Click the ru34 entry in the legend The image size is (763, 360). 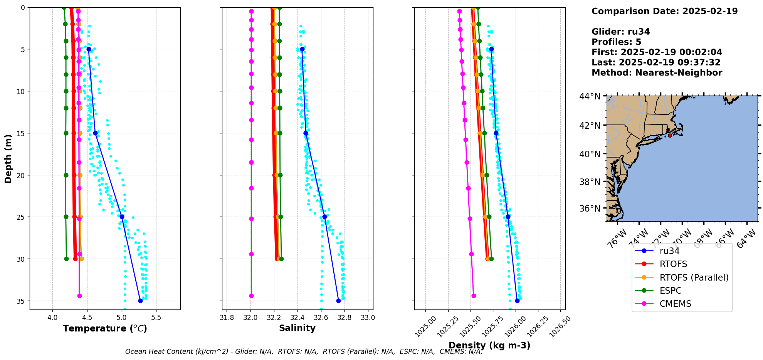point(669,251)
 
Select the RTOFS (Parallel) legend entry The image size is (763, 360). point(694,278)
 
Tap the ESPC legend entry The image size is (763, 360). point(670,291)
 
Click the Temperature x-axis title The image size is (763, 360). point(105,328)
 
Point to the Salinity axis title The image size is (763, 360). point(297,328)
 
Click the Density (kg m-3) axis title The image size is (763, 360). point(489,345)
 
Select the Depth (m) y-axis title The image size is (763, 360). point(8,158)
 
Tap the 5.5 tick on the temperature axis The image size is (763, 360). point(156,318)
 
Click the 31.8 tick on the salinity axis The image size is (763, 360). point(227,318)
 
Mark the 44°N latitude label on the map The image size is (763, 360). point(590,96)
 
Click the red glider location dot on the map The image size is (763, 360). point(670,135)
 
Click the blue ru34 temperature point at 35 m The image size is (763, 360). point(140,301)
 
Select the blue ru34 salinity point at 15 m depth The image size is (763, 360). point(306,133)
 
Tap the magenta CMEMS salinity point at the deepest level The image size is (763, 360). point(251,296)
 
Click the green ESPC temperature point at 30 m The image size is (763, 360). point(66,259)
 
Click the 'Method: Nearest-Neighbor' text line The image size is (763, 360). point(657,72)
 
